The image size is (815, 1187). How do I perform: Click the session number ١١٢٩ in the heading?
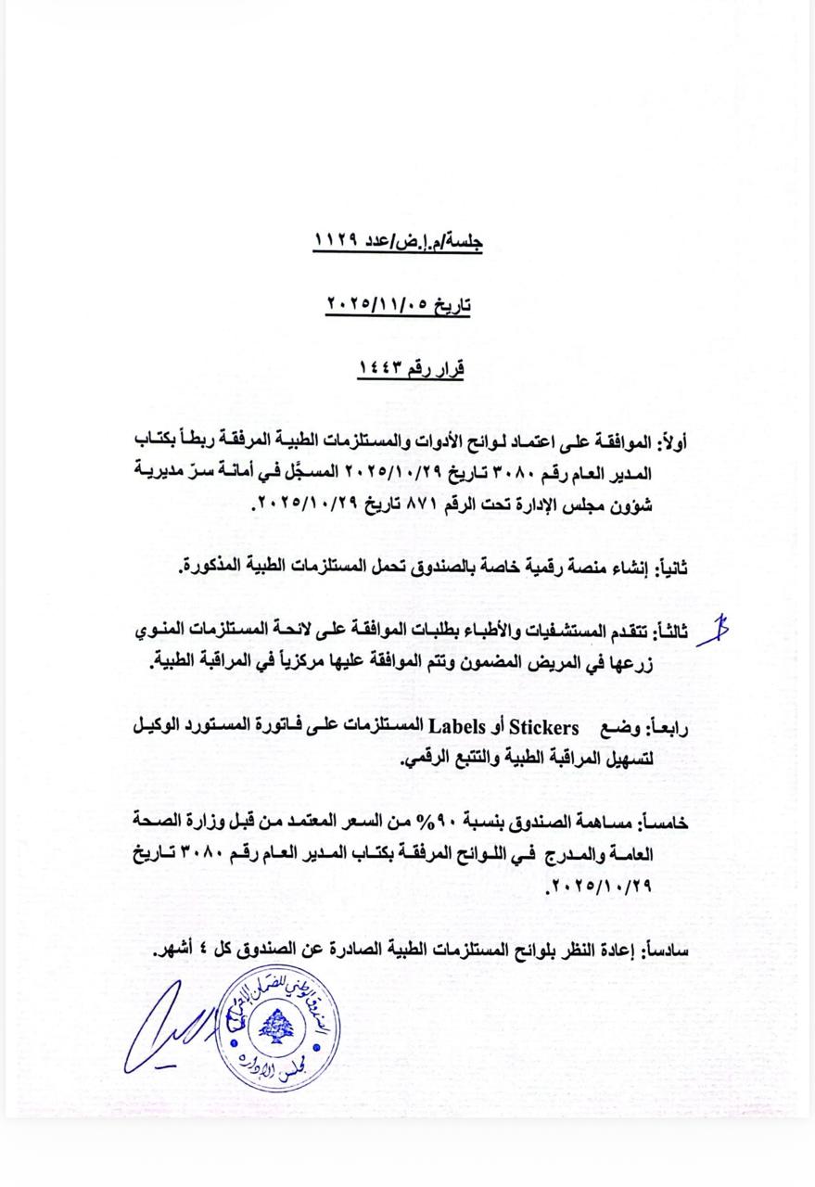click(x=332, y=241)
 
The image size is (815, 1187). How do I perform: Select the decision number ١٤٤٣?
click(x=382, y=368)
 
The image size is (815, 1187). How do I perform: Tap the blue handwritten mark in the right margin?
click(x=713, y=630)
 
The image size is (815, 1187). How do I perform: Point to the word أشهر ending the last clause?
click(x=173, y=950)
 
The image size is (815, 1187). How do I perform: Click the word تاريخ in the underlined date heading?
click(x=452, y=304)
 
